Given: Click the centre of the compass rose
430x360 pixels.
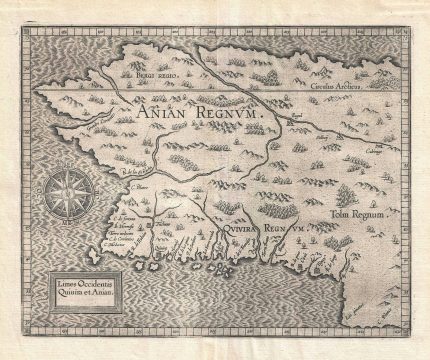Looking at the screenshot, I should pos(90,191).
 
